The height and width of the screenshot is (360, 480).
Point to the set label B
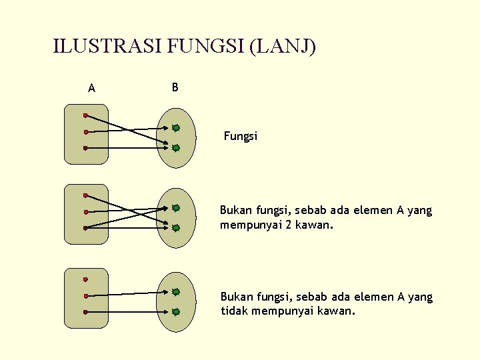point(175,87)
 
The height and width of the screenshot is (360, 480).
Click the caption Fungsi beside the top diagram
point(241,137)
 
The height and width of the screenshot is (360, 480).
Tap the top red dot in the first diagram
point(85,115)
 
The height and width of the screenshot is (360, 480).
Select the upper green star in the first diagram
point(175,127)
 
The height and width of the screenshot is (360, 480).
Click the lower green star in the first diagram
point(175,148)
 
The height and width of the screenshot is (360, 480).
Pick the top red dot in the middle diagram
point(85,195)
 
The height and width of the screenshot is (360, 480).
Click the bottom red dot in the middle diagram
point(85,228)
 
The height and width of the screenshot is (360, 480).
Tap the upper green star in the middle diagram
point(175,208)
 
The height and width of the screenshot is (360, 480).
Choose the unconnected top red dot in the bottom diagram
point(85,279)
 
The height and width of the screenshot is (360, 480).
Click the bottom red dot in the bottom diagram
point(85,311)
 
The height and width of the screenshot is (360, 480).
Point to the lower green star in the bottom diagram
point(175,311)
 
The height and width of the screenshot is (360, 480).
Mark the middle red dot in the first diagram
point(85,132)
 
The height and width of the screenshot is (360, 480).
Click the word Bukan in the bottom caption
point(235,297)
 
